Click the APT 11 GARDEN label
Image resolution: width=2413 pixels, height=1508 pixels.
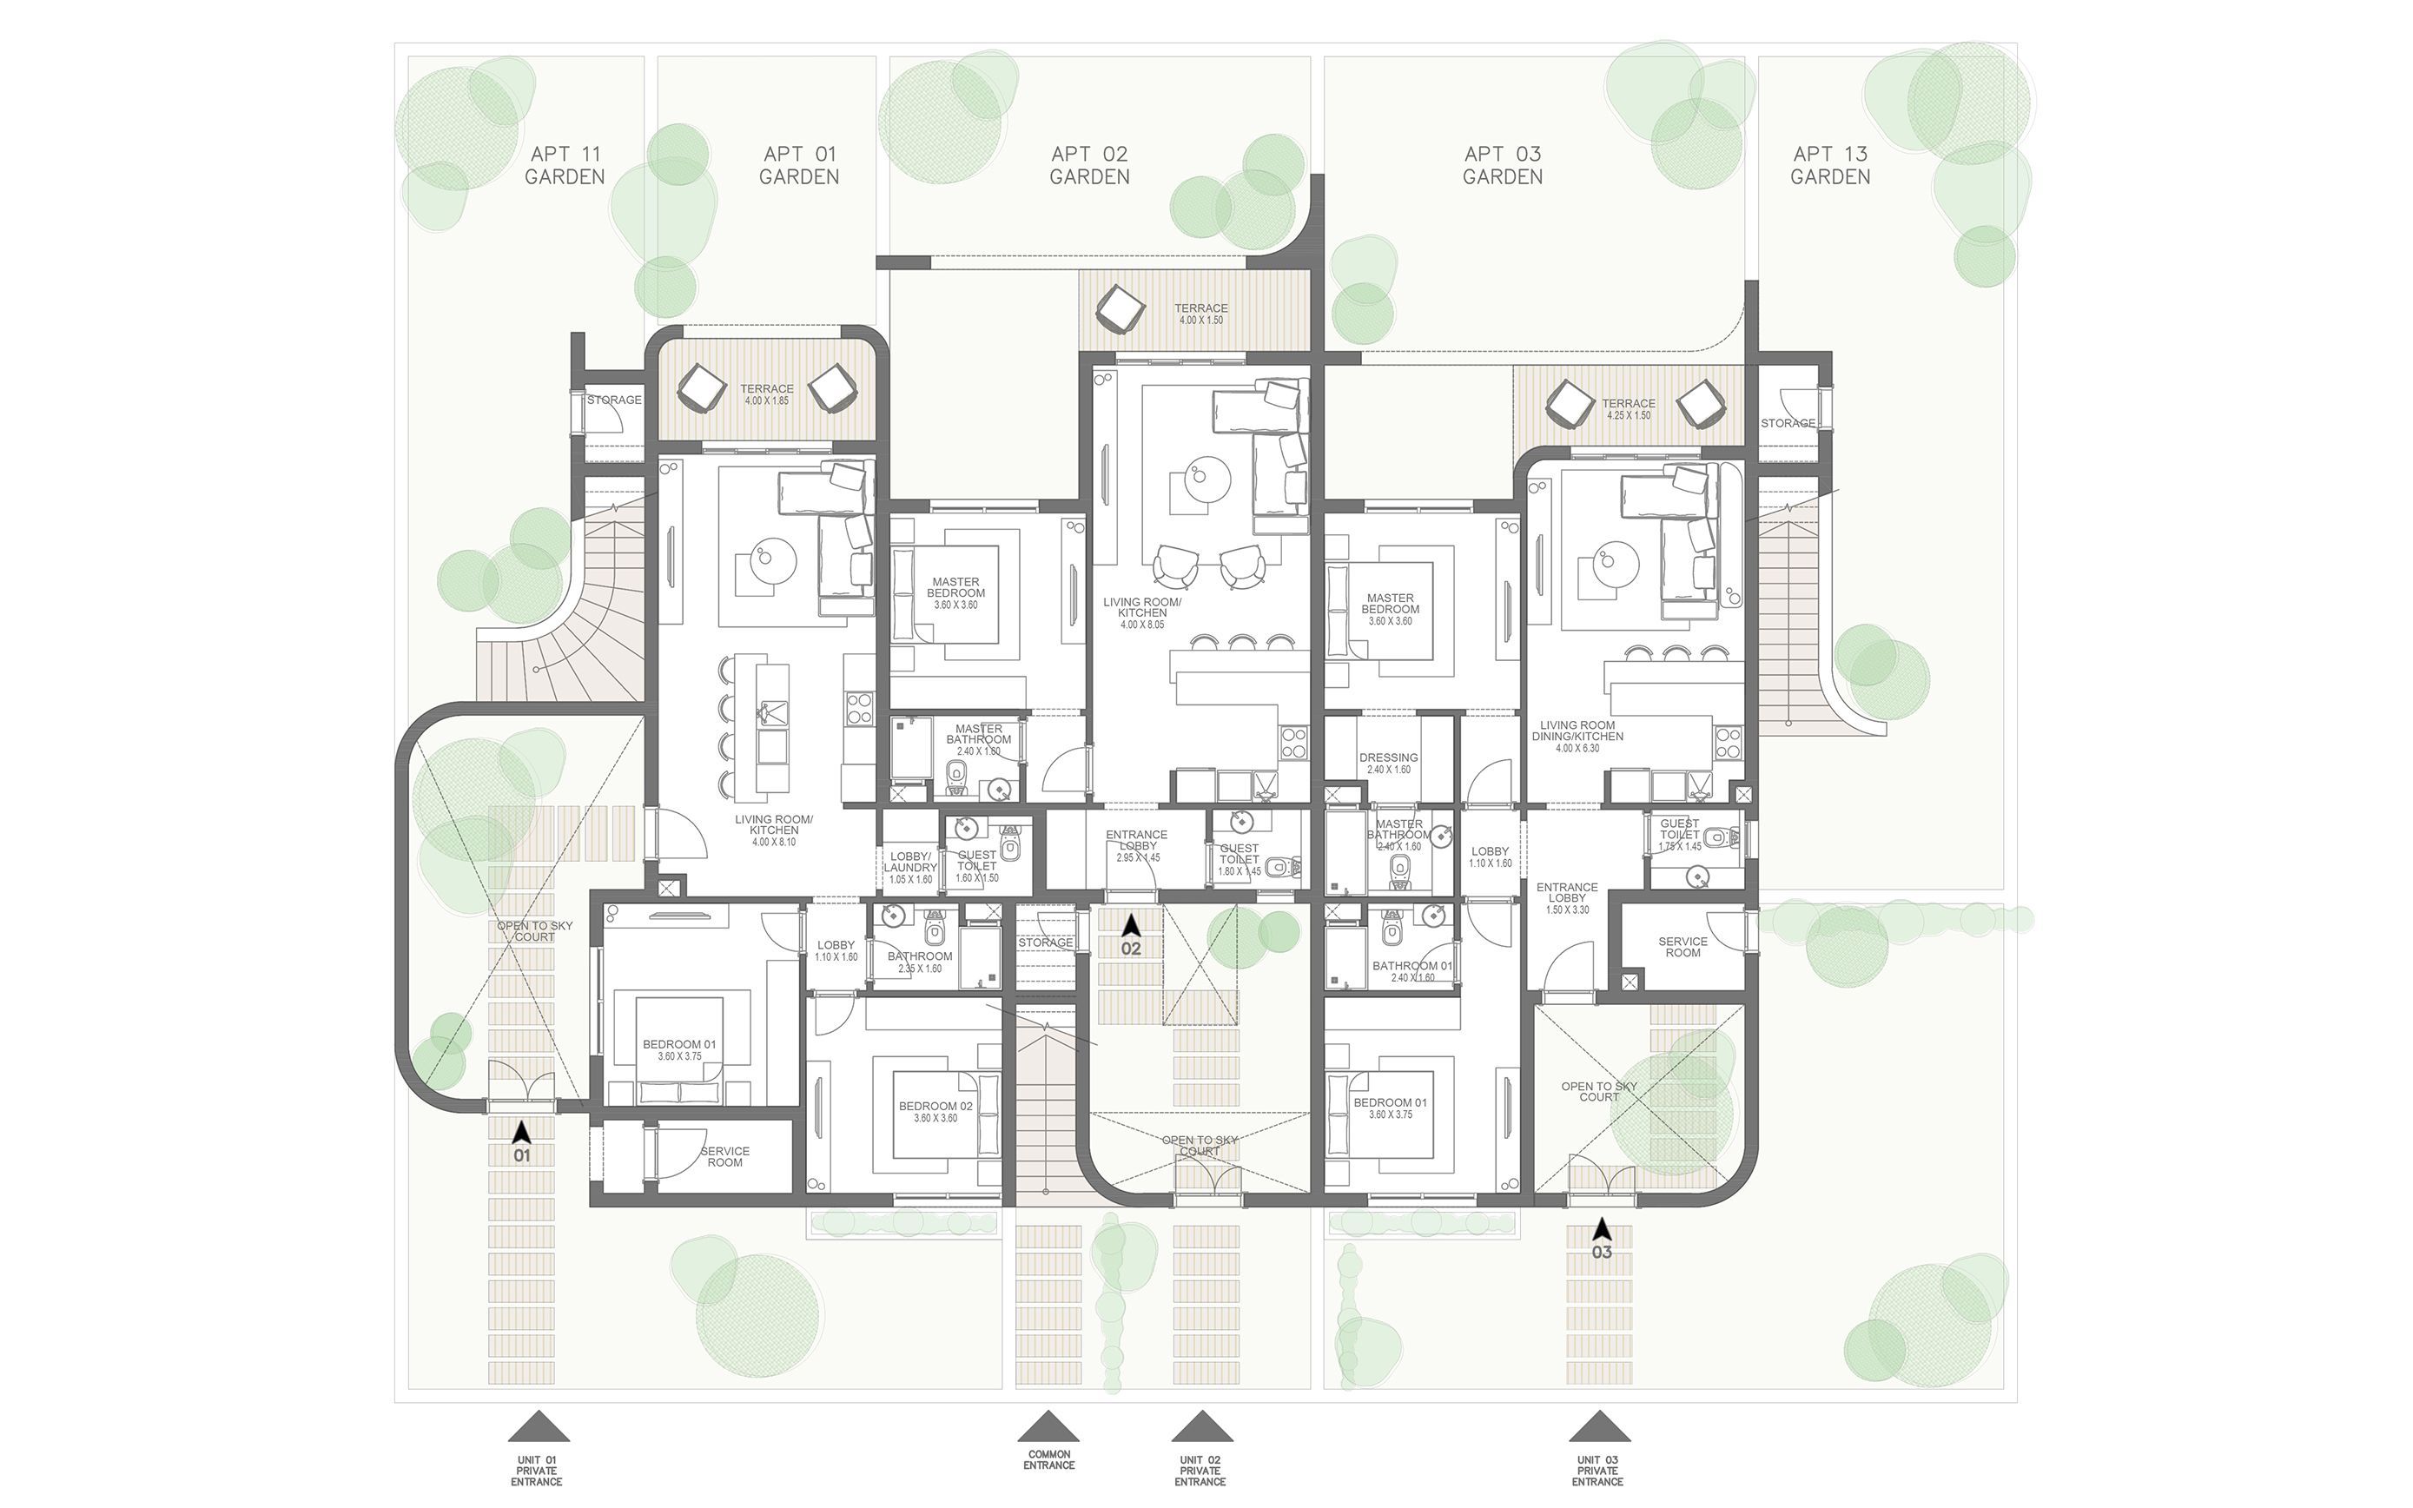pos(565,166)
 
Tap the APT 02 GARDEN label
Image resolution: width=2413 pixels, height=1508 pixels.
pos(1089,166)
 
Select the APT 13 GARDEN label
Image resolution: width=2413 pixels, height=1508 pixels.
pos(1829,166)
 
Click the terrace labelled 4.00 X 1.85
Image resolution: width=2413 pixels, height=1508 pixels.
pos(766,394)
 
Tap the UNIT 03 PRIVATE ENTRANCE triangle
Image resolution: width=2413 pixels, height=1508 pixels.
pos(1598,1427)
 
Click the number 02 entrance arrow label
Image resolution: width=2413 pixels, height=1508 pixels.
pos(1130,949)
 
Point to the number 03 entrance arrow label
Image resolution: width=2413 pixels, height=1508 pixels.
pos(1602,1252)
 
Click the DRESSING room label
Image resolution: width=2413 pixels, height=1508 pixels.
pos(1388,763)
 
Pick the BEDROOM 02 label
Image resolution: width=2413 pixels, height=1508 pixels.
pos(935,1111)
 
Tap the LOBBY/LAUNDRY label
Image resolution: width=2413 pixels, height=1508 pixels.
pos(909,867)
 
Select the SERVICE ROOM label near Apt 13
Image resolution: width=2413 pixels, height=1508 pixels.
pos(1682,947)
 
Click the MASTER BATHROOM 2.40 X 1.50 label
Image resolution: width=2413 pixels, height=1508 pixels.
pos(978,739)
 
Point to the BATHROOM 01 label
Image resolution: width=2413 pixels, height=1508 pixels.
pos(1411,970)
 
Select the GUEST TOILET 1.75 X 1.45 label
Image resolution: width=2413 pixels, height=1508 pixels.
pos(1679,834)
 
